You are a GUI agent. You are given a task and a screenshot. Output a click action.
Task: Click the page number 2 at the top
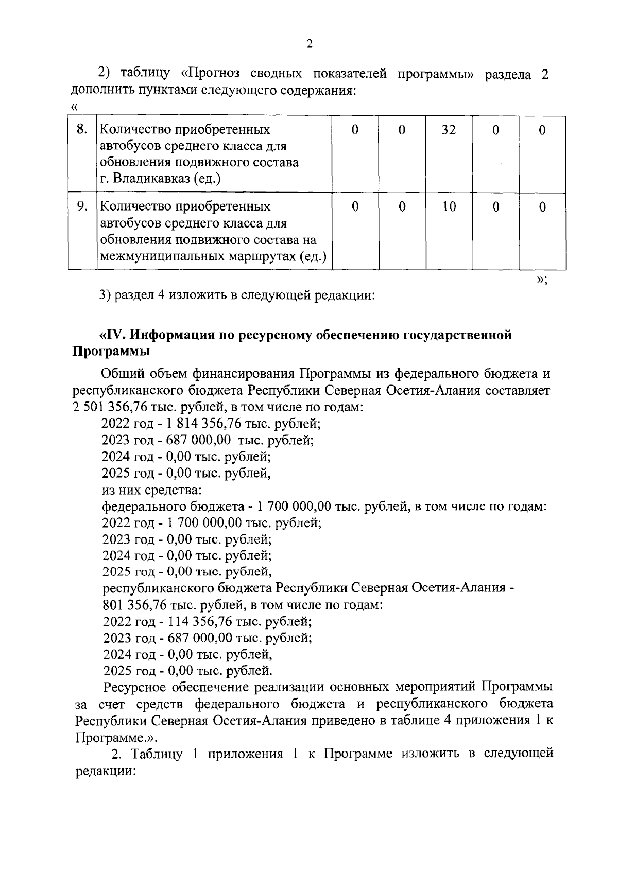309,44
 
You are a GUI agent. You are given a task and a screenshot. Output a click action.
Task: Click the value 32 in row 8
449,130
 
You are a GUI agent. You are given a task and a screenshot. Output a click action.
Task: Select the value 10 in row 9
449,207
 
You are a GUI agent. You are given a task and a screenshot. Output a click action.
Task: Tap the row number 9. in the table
82,206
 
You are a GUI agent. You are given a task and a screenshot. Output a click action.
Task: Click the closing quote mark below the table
540,279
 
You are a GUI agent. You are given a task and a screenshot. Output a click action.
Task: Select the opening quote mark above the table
75,107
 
